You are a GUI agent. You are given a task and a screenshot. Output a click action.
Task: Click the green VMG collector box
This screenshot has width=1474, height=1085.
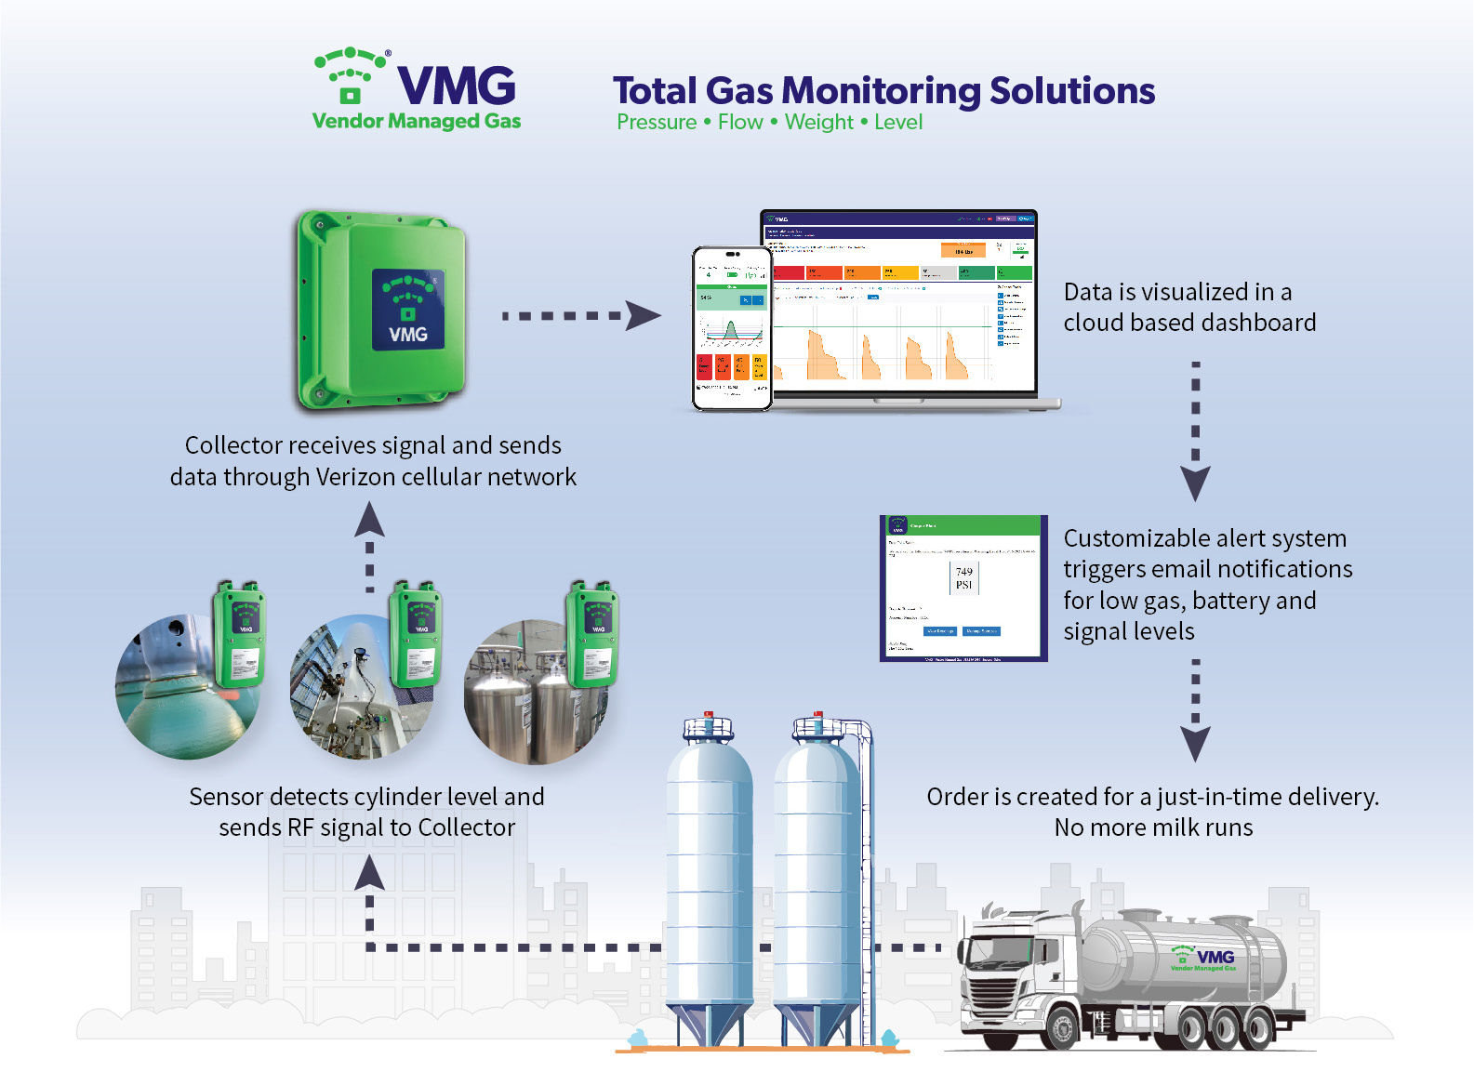[381, 311]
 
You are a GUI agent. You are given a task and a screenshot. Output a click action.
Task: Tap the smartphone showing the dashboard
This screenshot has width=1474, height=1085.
[732, 328]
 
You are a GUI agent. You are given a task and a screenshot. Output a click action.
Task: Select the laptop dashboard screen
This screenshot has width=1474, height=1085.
[898, 302]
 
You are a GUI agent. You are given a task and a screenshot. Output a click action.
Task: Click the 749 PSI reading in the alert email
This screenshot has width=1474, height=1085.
[963, 577]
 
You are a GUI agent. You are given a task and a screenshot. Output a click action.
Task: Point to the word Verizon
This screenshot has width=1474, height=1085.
[358, 477]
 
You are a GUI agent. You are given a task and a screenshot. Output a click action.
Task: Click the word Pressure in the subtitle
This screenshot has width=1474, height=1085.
[657, 123]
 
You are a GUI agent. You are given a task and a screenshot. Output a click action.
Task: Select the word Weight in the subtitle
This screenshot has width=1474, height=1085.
[818, 123]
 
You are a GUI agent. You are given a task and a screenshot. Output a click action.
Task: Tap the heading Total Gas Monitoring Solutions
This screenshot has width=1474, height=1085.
[883, 91]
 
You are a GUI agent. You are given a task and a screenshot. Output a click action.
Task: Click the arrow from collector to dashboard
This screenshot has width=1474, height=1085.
[581, 316]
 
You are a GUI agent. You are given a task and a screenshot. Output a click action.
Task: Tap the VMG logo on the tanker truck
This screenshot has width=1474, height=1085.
[1204, 959]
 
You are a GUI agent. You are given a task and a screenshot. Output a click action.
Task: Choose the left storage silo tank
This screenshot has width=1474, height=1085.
[709, 874]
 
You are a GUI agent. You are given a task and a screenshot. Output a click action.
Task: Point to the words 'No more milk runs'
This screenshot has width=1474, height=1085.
[1153, 827]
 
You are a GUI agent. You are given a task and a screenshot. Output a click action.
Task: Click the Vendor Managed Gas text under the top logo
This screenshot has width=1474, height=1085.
[416, 121]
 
